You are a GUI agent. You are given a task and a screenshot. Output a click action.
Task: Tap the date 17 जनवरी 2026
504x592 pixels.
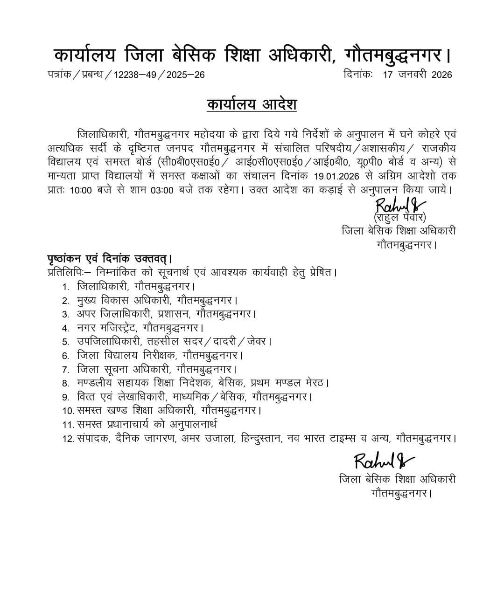click(417, 75)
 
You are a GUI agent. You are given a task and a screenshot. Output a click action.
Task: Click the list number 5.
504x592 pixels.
click(66, 342)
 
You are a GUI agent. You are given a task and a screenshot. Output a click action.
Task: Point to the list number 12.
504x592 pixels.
click(68, 439)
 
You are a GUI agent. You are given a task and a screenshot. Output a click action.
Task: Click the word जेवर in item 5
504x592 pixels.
click(257, 341)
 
